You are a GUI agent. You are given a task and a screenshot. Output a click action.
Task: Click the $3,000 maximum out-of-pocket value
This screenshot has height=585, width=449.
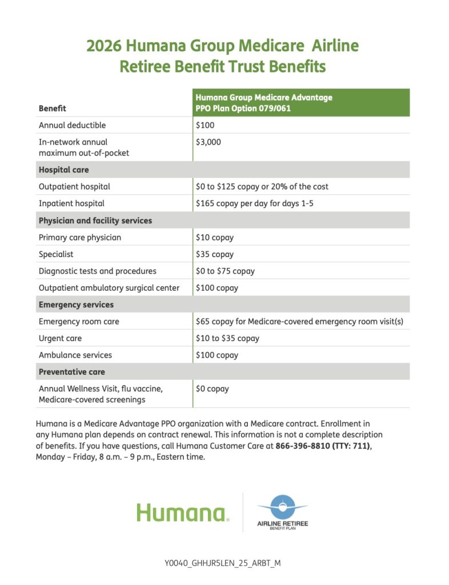pyautogui.click(x=209, y=142)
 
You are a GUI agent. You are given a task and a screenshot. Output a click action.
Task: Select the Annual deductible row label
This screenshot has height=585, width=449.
pyautogui.click(x=72, y=125)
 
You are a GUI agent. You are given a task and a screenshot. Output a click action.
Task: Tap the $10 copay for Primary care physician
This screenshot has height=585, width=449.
pyautogui.click(x=215, y=237)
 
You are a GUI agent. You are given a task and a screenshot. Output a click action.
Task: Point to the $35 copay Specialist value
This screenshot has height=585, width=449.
pyautogui.click(x=215, y=254)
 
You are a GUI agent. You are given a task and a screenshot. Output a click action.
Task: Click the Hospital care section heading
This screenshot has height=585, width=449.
pyautogui.click(x=63, y=170)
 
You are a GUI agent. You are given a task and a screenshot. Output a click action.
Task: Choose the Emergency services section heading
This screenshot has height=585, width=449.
pyautogui.click(x=76, y=304)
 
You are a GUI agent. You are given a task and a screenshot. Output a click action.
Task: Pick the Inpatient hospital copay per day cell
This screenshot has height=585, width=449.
pyautogui.click(x=254, y=203)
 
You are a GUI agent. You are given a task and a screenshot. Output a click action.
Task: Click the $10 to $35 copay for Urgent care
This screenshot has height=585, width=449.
pyautogui.click(x=227, y=338)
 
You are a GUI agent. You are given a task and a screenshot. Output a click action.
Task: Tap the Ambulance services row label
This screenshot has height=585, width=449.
pyautogui.click(x=75, y=355)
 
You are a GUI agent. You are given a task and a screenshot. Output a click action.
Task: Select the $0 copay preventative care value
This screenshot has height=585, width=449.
pyautogui.click(x=213, y=388)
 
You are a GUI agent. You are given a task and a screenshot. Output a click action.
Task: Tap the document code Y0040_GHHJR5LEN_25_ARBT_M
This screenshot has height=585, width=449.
pyautogui.click(x=223, y=563)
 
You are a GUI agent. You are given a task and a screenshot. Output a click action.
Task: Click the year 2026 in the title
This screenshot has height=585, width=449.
pyautogui.click(x=103, y=46)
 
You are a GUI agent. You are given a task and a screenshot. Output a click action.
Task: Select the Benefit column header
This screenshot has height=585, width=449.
pyautogui.click(x=52, y=108)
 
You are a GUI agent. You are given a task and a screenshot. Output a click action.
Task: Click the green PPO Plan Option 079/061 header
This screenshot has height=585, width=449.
pyautogui.click(x=243, y=108)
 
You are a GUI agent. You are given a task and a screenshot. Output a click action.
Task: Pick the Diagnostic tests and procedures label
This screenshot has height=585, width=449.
pyautogui.click(x=97, y=271)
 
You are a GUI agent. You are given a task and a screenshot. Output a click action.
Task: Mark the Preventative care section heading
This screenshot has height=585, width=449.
pyautogui.click(x=71, y=372)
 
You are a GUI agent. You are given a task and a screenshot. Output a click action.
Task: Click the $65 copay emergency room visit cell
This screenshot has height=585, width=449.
pyautogui.click(x=299, y=322)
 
